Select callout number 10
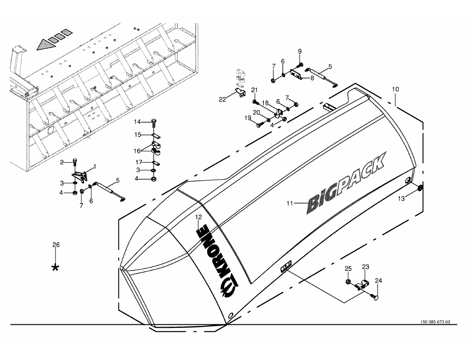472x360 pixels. click(395, 89)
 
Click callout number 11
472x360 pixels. click(291, 203)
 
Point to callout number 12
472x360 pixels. click(198, 217)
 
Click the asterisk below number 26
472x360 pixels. click(56, 268)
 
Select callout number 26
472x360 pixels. click(56, 245)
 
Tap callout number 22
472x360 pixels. click(223, 99)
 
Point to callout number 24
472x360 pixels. click(379, 281)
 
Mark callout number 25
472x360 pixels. click(348, 269)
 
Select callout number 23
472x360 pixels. click(365, 267)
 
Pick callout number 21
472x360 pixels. click(254, 90)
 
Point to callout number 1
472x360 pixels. click(95, 166)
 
